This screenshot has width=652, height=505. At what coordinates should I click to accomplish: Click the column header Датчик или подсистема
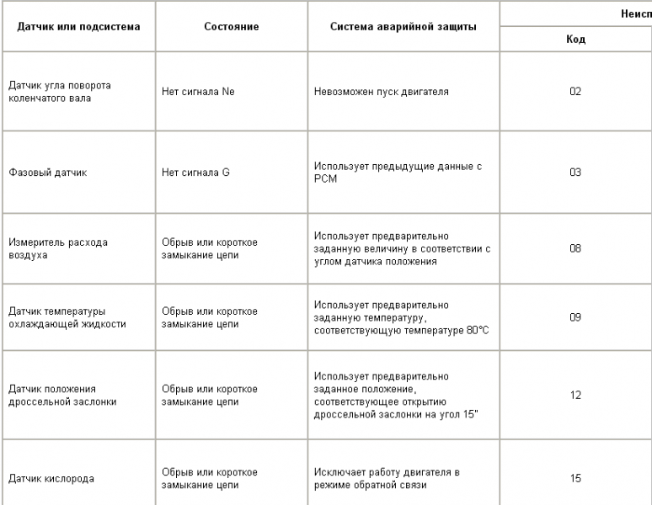(x=79, y=26)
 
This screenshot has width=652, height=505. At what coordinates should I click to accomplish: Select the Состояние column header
(x=231, y=26)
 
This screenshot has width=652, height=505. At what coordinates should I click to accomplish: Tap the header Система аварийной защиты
(x=405, y=26)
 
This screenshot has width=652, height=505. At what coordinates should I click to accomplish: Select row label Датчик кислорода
(x=47, y=478)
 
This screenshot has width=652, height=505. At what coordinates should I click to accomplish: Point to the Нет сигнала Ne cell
(x=197, y=90)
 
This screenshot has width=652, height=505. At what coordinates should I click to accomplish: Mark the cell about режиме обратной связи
(x=387, y=478)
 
